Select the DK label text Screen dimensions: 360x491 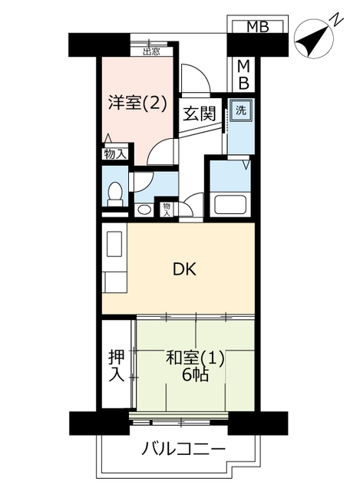185,269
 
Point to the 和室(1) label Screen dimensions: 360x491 195,358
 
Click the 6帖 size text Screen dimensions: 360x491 196,374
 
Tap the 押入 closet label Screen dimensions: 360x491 117,366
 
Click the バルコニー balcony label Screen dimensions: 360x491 183,449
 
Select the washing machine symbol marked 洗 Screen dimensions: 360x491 240,110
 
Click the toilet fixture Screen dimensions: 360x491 115,194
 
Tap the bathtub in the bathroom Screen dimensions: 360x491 231,205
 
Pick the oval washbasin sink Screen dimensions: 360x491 144,209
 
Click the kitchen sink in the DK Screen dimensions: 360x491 114,244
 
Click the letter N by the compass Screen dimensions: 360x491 337,20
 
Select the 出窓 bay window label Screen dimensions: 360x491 152,51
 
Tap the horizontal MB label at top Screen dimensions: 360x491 258,27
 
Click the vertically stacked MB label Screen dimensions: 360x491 243,75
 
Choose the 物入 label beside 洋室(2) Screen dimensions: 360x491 116,154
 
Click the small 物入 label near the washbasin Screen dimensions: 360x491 167,209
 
